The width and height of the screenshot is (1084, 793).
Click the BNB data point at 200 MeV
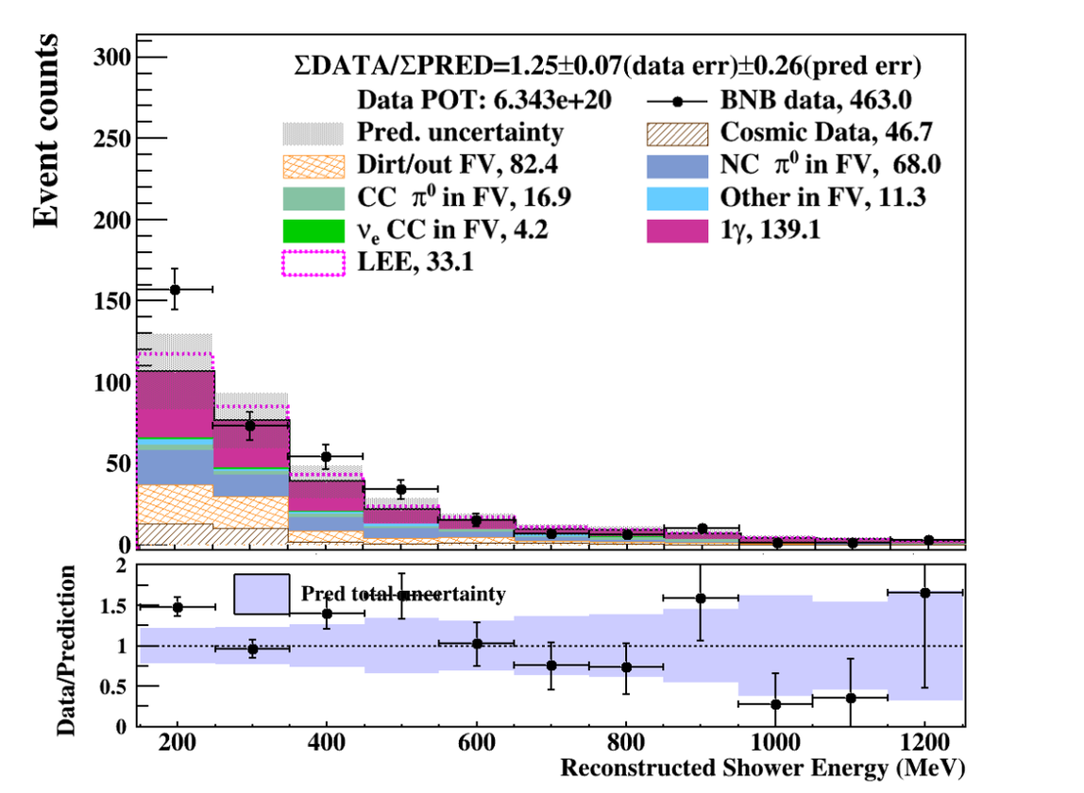pos(175,289)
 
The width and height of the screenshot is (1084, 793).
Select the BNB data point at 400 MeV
pos(326,457)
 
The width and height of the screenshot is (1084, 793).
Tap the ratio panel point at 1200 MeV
pos(924,593)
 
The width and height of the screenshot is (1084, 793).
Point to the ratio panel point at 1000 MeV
pos(775,704)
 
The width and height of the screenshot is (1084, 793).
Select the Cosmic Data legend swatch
pos(677,133)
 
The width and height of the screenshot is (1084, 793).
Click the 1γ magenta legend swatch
pos(677,229)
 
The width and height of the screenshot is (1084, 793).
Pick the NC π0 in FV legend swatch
pos(677,166)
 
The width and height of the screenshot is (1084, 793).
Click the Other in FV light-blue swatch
pos(677,197)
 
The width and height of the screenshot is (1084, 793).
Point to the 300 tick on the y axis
pos(112,59)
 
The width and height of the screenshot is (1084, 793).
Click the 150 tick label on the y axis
pos(112,302)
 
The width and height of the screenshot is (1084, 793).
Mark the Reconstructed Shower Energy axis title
pos(763,768)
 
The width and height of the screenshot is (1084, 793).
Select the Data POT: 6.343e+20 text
pos(466,100)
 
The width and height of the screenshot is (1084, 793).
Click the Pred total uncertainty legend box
pos(262,594)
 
